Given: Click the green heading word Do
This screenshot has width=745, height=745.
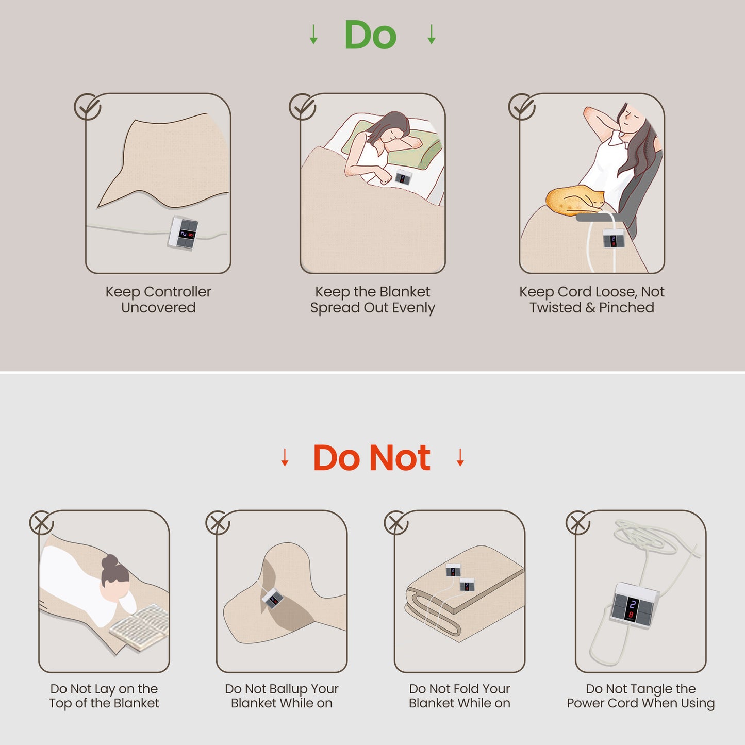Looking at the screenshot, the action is tap(370, 35).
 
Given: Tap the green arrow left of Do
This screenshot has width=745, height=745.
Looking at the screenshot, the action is tap(313, 34).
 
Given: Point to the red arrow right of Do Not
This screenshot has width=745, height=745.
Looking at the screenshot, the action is tap(460, 457).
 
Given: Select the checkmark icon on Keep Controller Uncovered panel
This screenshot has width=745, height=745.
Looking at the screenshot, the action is tap(88, 107).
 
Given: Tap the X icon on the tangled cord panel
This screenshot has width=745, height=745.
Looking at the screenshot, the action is tap(577, 523).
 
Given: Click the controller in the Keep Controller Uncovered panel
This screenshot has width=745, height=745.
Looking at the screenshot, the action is tap(183, 233).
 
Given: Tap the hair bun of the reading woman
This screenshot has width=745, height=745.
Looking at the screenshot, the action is tap(110, 561).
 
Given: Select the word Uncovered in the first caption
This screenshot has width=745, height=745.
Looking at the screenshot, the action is tap(158, 308).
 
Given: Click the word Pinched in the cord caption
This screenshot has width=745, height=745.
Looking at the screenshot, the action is tap(627, 308).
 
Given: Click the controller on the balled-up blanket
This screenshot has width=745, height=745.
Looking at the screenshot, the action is tap(273, 598).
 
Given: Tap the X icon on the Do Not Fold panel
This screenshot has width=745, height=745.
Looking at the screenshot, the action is tap(396, 523).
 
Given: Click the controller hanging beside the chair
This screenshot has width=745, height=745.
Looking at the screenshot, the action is tap(614, 238).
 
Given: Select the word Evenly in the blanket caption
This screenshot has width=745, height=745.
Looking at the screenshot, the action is tap(413, 308).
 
